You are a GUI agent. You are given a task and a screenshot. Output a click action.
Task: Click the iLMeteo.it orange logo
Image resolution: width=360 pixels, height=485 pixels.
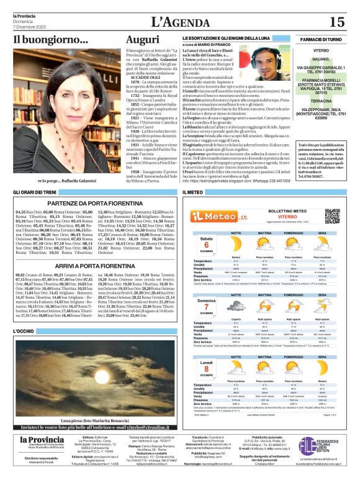click(x=214, y=216)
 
